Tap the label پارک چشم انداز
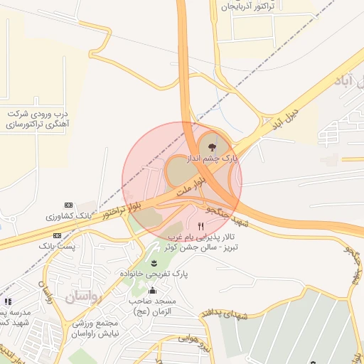click(x=212, y=159)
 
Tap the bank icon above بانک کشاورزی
click(x=68, y=205)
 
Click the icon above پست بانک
click(x=57, y=235)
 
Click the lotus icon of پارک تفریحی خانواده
click(x=154, y=264)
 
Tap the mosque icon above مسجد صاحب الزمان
click(x=152, y=290)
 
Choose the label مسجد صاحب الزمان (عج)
click(x=152, y=306)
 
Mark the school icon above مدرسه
click(x=8, y=302)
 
